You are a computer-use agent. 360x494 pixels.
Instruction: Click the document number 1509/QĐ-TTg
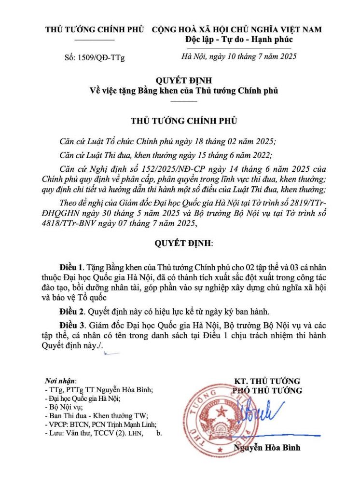click(101, 58)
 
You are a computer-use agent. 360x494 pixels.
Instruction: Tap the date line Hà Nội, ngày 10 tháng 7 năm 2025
click(238, 56)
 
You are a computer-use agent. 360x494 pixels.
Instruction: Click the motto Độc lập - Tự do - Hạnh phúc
click(238, 39)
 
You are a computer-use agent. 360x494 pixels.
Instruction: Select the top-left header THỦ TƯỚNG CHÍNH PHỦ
click(95, 29)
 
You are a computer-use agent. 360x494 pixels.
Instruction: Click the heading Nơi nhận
click(60, 381)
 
